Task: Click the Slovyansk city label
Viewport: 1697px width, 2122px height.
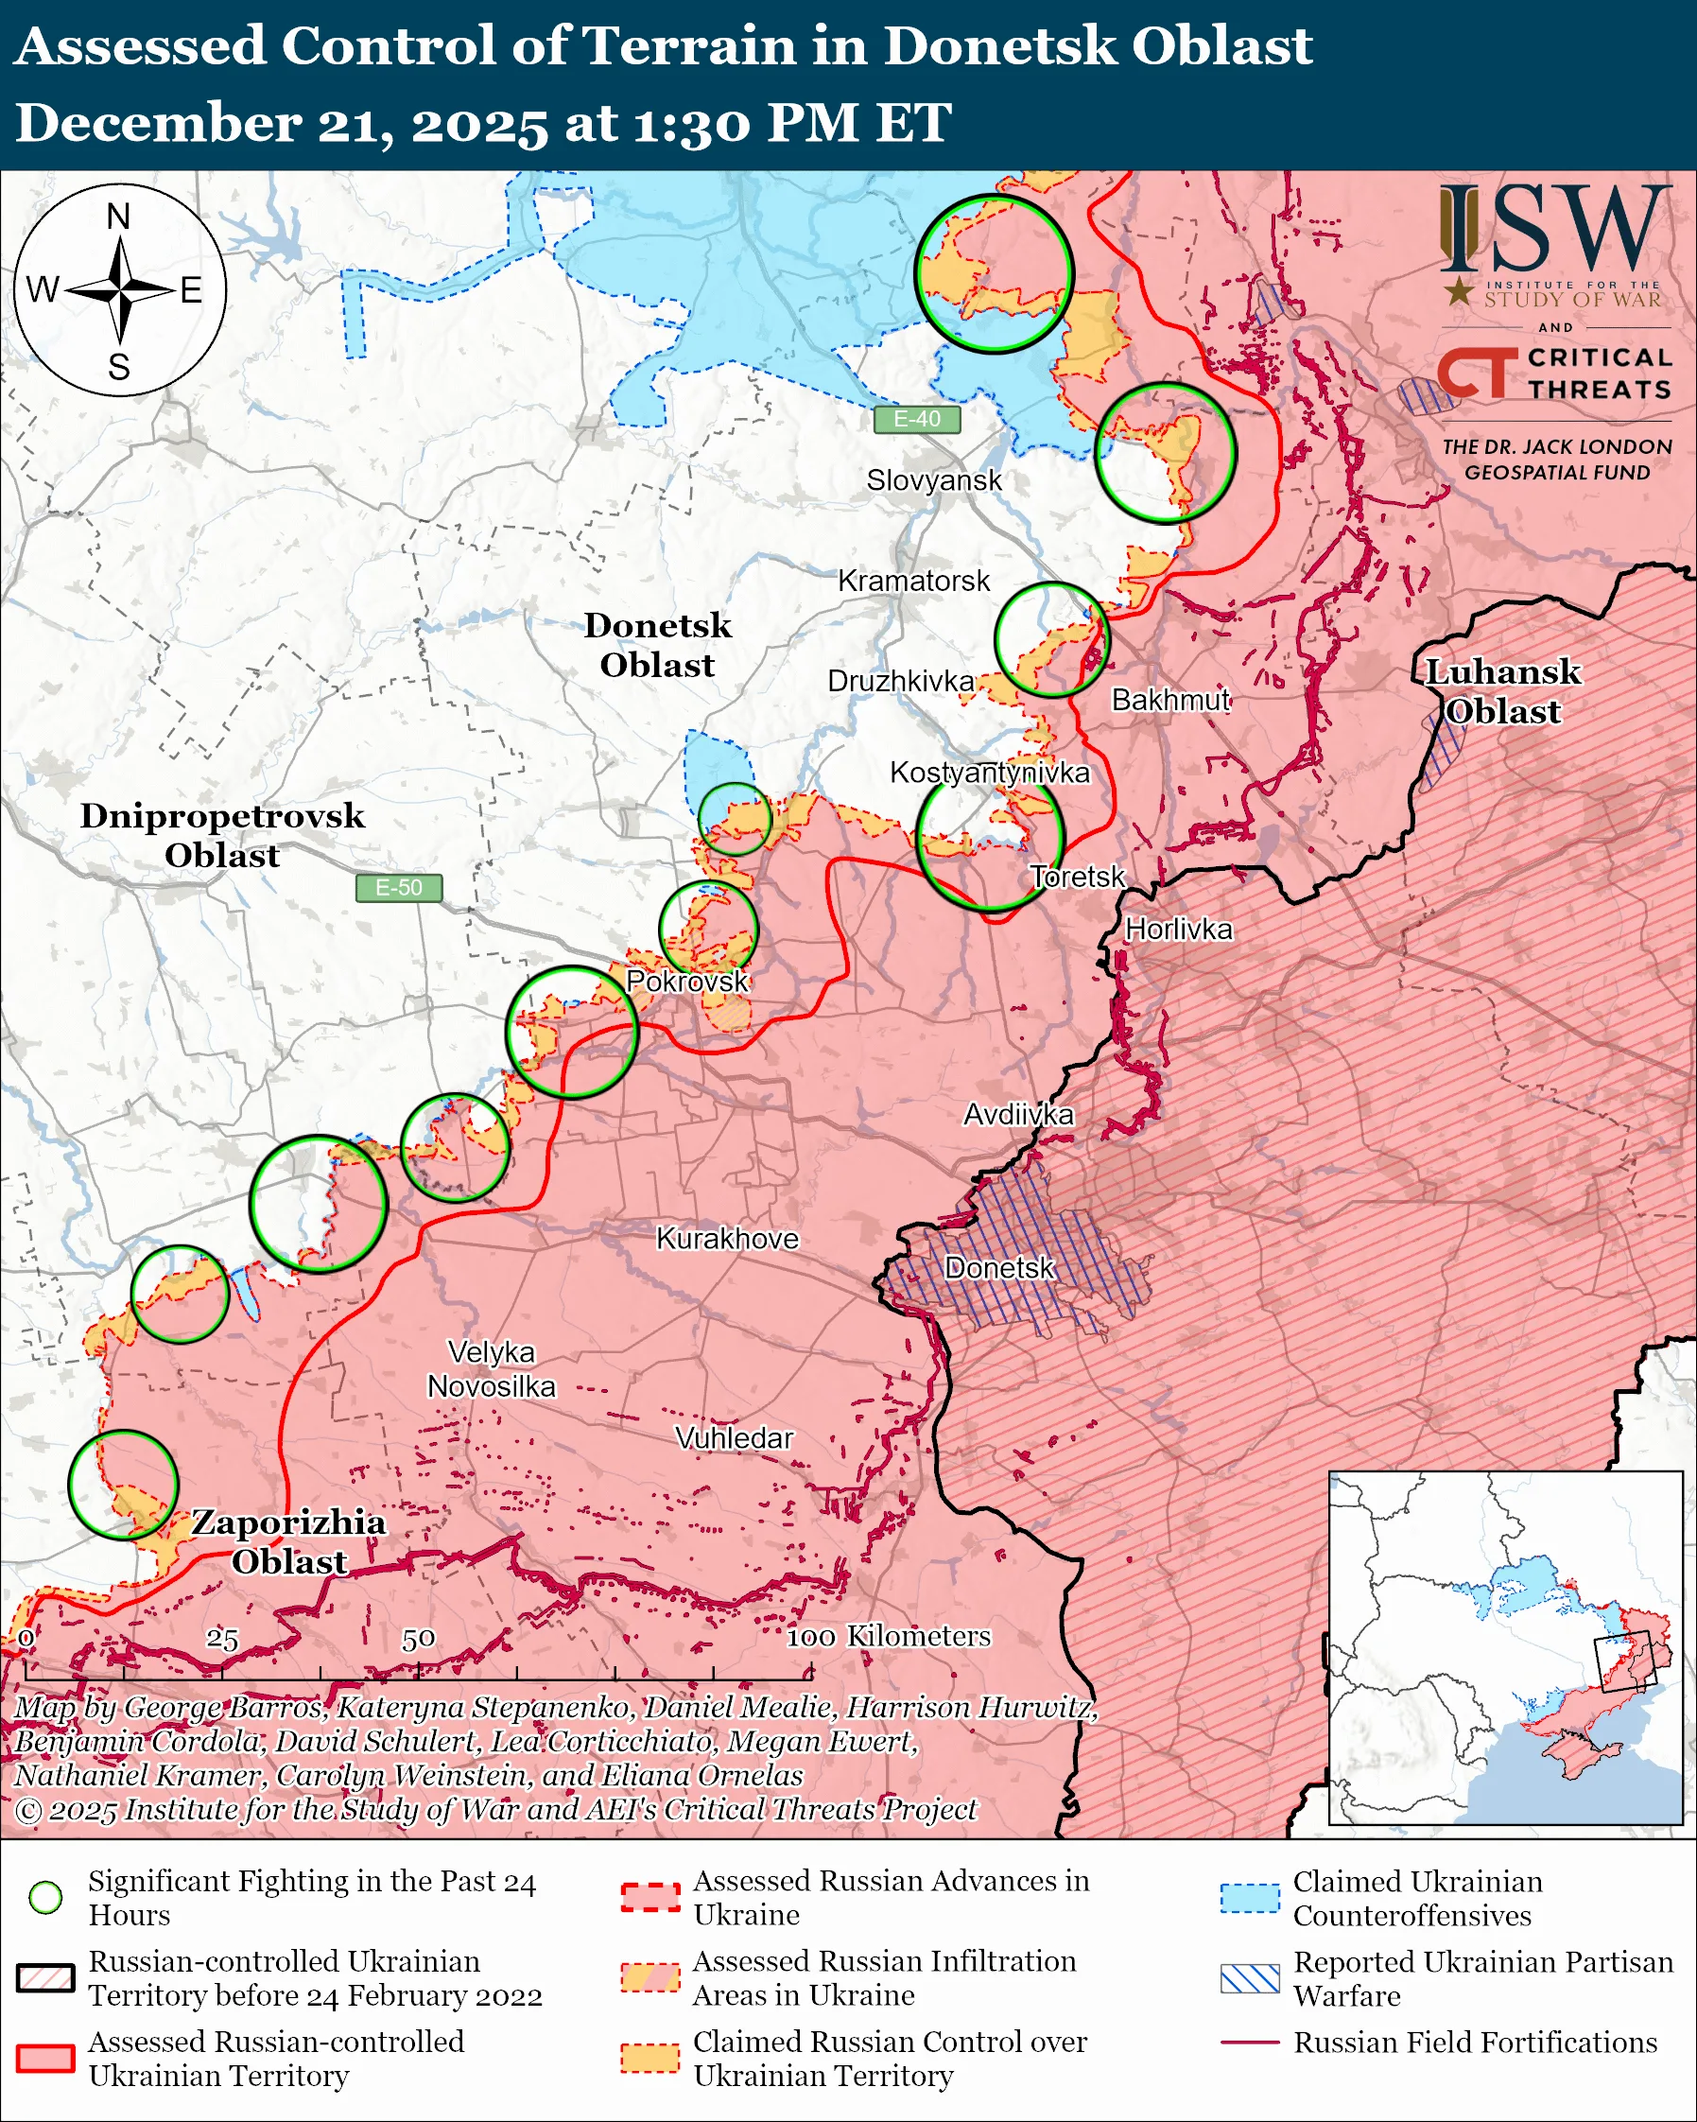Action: click(934, 480)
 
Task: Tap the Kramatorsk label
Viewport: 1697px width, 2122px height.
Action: click(913, 581)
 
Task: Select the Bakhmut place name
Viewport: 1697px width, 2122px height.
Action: click(1169, 700)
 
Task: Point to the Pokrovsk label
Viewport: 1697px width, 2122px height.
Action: click(686, 982)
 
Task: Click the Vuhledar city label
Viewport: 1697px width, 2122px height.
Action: click(734, 1438)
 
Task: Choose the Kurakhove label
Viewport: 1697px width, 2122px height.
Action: click(727, 1238)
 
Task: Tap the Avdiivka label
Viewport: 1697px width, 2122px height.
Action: click(1018, 1114)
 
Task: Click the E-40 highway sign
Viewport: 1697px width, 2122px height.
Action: click(916, 419)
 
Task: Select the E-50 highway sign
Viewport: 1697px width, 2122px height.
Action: click(398, 888)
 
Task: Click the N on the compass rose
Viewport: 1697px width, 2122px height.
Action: click(119, 217)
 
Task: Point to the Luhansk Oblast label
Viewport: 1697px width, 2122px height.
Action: click(1502, 691)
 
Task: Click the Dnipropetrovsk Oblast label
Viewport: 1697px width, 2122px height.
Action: click(222, 835)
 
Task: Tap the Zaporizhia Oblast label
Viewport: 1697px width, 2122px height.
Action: click(288, 1541)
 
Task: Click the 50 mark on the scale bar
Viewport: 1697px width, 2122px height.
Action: click(418, 1639)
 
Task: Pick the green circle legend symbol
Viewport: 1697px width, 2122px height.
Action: click(45, 1898)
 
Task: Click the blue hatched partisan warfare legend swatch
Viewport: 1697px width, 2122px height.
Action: click(1250, 1978)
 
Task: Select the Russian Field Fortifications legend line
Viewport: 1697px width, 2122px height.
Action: click(1250, 2043)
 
